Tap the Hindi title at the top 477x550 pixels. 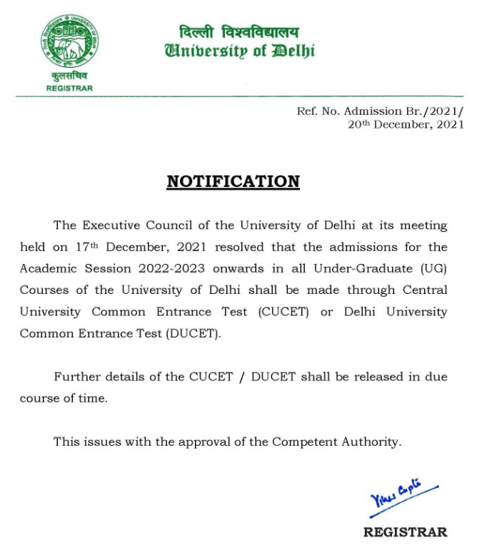click(239, 32)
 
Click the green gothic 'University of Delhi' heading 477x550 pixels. click(239, 51)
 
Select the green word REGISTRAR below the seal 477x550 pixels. click(69, 88)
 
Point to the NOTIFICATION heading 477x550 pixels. click(233, 182)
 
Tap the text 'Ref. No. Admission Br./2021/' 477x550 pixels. click(380, 111)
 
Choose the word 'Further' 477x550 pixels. click(77, 377)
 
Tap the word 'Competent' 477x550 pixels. click(304, 442)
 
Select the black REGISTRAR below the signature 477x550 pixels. click(405, 531)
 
